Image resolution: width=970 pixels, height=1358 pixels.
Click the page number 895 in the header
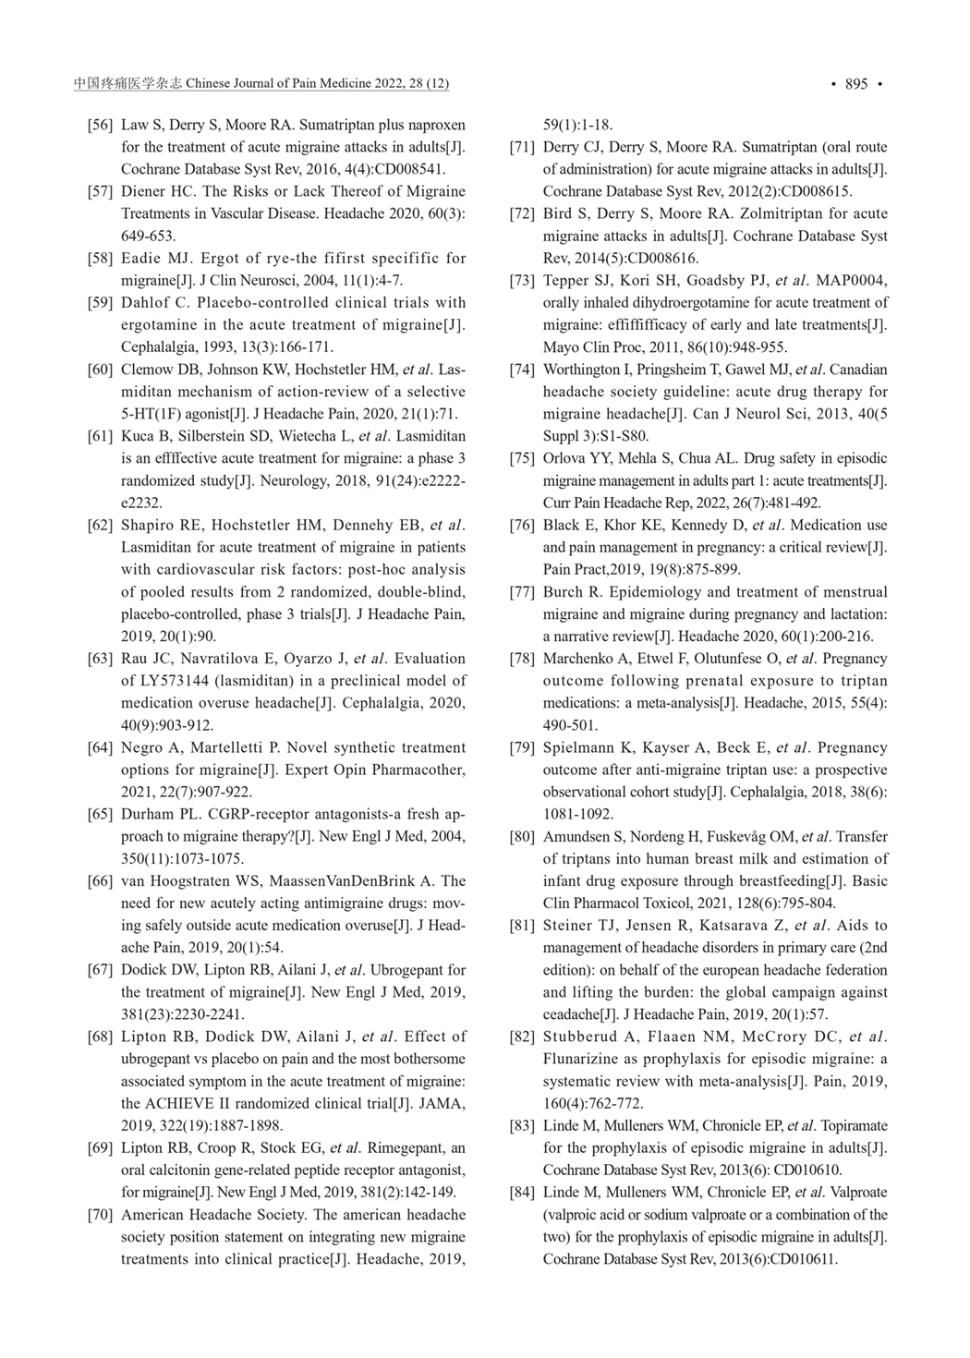point(856,84)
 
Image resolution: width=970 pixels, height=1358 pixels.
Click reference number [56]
point(101,125)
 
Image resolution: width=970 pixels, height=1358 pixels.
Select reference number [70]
point(101,1215)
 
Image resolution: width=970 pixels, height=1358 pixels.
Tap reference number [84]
point(523,1193)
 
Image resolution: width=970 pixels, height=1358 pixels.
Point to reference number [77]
point(523,592)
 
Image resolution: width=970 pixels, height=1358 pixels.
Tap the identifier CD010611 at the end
point(804,1259)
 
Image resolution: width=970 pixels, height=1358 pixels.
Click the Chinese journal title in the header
point(128,84)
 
